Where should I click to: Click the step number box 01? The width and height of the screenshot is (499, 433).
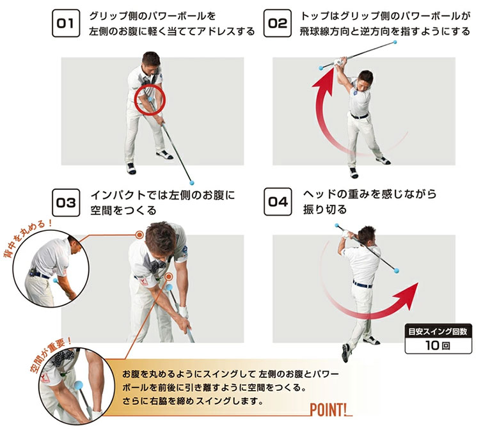tap(65, 23)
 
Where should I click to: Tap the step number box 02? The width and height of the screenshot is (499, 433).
tap(278, 23)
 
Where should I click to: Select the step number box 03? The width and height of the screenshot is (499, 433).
tap(65, 202)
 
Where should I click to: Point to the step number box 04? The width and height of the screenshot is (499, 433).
tap(278, 201)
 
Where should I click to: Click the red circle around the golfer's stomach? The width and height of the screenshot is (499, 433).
tap(150, 84)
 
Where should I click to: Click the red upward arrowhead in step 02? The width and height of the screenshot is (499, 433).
tap(324, 83)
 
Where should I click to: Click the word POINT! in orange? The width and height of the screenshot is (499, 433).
tap(329, 410)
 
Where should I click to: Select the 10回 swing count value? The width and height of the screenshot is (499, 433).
tap(438, 345)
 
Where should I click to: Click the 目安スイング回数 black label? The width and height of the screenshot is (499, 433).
tap(438, 331)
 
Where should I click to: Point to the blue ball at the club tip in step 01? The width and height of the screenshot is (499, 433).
tap(191, 183)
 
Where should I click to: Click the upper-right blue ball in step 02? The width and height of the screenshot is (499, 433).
tap(395, 42)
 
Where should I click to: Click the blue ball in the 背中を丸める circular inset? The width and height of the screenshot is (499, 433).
tap(56, 281)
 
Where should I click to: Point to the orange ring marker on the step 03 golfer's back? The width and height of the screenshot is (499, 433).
tap(139, 235)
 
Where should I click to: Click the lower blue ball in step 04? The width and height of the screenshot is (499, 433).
tap(396, 271)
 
